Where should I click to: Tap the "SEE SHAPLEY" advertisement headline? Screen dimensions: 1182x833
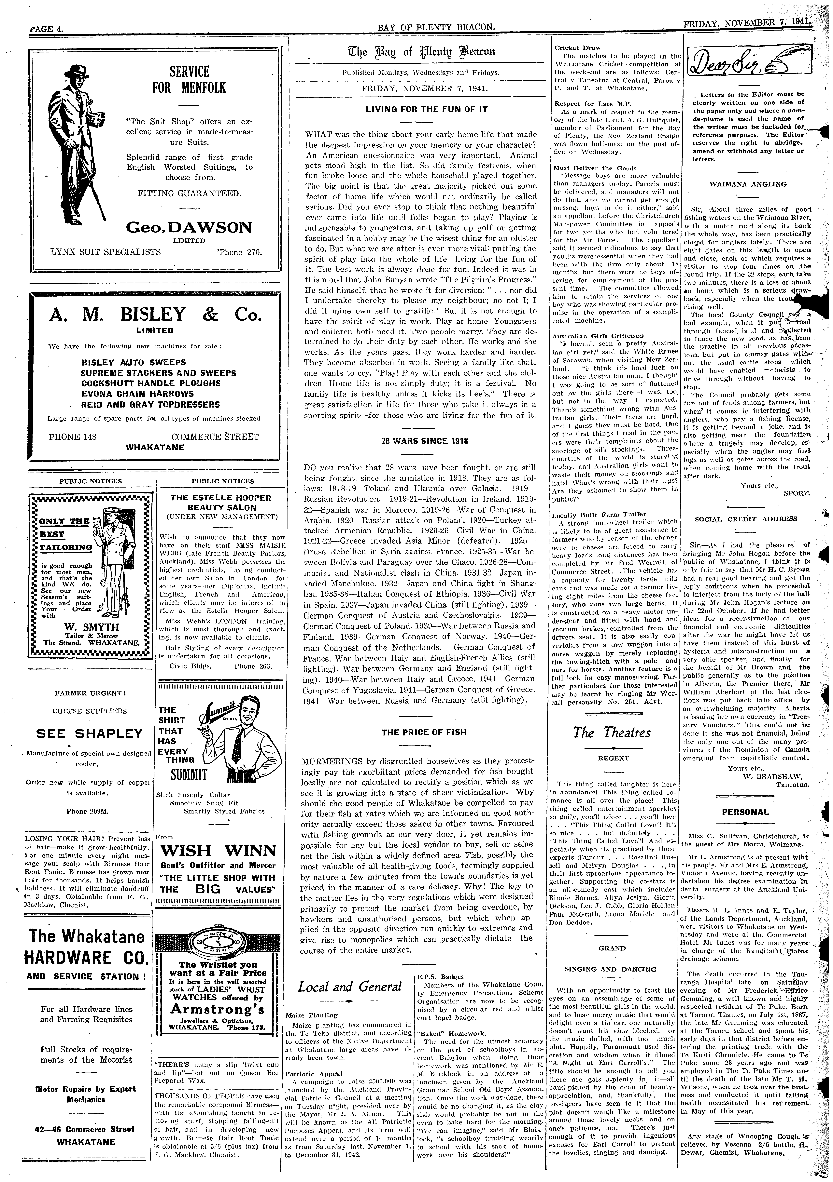point(89,734)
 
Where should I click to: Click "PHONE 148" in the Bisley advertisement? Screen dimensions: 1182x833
point(73,437)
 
